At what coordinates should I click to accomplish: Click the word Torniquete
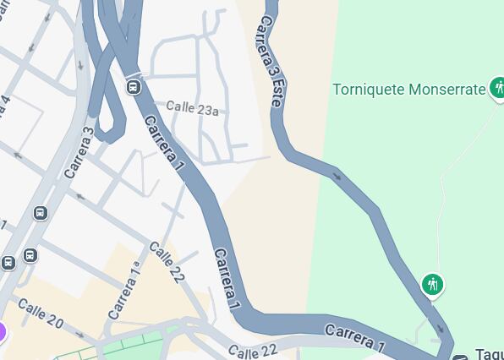tap(369, 90)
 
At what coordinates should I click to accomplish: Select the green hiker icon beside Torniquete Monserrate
tap(497, 87)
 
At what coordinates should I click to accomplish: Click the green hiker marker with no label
tap(433, 285)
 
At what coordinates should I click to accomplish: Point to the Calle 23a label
tap(192, 108)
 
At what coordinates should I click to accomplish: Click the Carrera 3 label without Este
tap(79, 152)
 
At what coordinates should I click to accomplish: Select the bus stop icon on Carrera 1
tap(133, 87)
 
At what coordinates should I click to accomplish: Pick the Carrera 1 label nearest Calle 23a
tap(163, 144)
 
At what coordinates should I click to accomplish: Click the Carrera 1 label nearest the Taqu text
tap(354, 335)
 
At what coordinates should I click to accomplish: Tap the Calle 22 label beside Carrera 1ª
tap(167, 262)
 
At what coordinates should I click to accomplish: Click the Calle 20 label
tap(40, 314)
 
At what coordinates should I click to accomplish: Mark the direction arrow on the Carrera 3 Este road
tap(337, 177)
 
